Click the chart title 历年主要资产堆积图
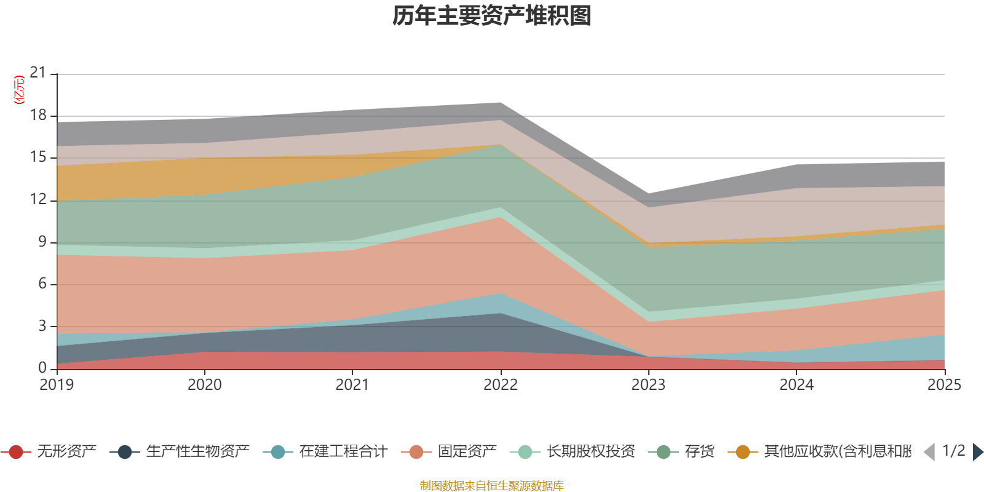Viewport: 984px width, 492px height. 492,16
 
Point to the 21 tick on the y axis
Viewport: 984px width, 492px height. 38,73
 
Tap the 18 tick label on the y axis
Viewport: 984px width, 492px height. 38,116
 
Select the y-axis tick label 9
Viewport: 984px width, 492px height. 42,242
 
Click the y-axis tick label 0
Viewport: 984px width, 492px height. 42,368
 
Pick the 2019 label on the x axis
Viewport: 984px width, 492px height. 57,385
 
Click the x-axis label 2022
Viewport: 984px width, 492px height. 501,385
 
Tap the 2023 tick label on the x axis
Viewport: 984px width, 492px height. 648,385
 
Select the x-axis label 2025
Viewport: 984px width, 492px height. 944,385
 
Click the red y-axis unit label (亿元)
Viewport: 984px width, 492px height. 19,90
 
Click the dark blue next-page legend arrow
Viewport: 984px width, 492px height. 977,452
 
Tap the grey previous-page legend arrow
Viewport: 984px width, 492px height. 929,452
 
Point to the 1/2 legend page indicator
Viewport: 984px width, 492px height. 953,451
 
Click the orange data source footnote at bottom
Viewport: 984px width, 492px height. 492,486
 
